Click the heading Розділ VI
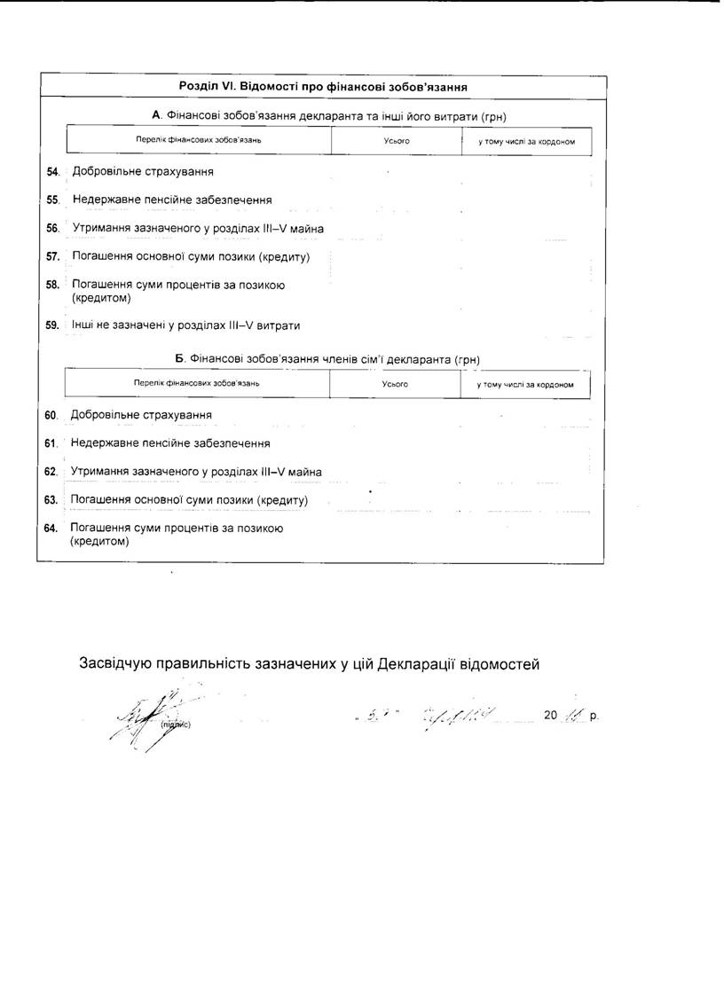pyautogui.click(x=323, y=87)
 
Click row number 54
pyautogui.click(x=51, y=172)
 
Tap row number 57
pyautogui.click(x=51, y=257)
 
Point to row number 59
pyautogui.click(x=51, y=325)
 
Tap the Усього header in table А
pyautogui.click(x=397, y=142)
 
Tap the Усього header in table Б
pyautogui.click(x=395, y=385)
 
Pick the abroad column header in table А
pyautogui.click(x=527, y=142)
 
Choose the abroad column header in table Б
pyautogui.click(x=525, y=385)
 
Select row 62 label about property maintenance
pyautogui.click(x=196, y=472)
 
